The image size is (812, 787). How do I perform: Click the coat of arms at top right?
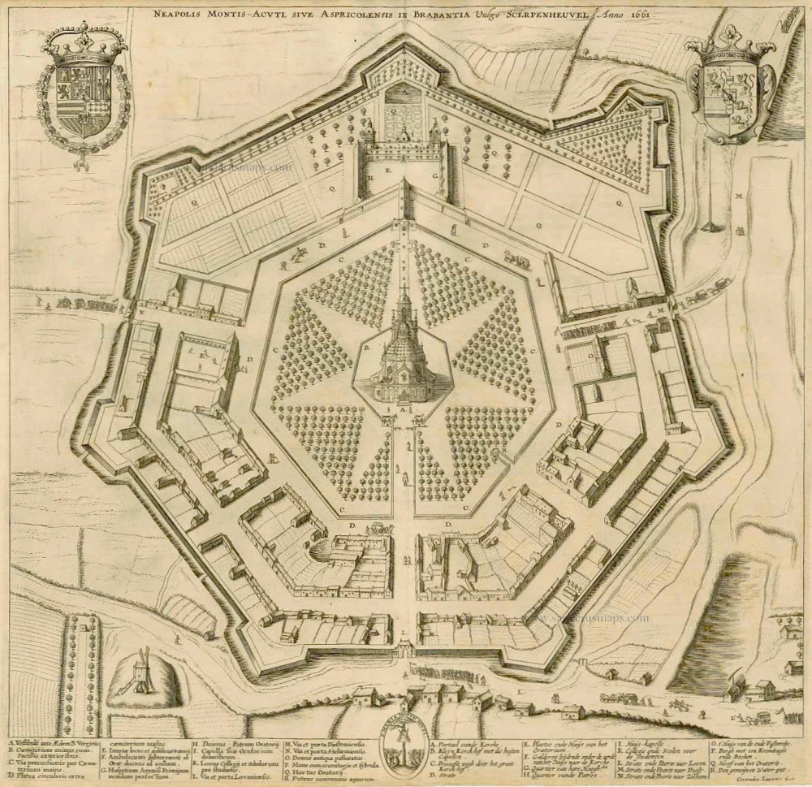click(729, 91)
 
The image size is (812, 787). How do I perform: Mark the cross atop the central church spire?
click(404, 290)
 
